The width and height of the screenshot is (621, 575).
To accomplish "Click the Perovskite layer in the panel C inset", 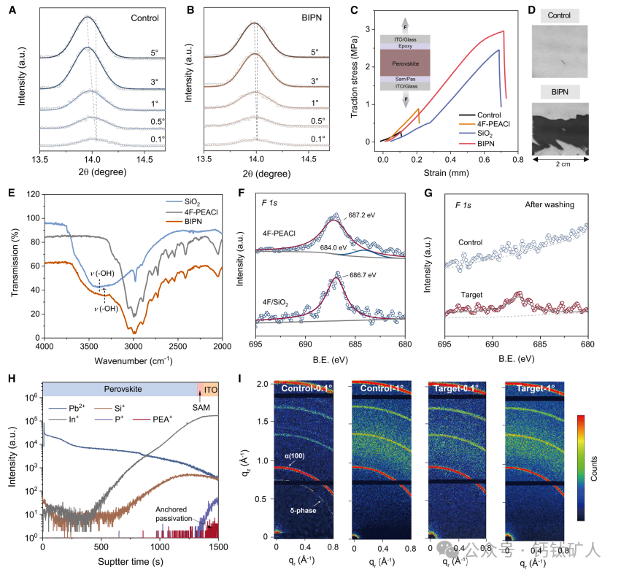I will (409, 63).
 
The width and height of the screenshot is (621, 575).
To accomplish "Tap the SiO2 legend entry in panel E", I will (193, 198).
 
